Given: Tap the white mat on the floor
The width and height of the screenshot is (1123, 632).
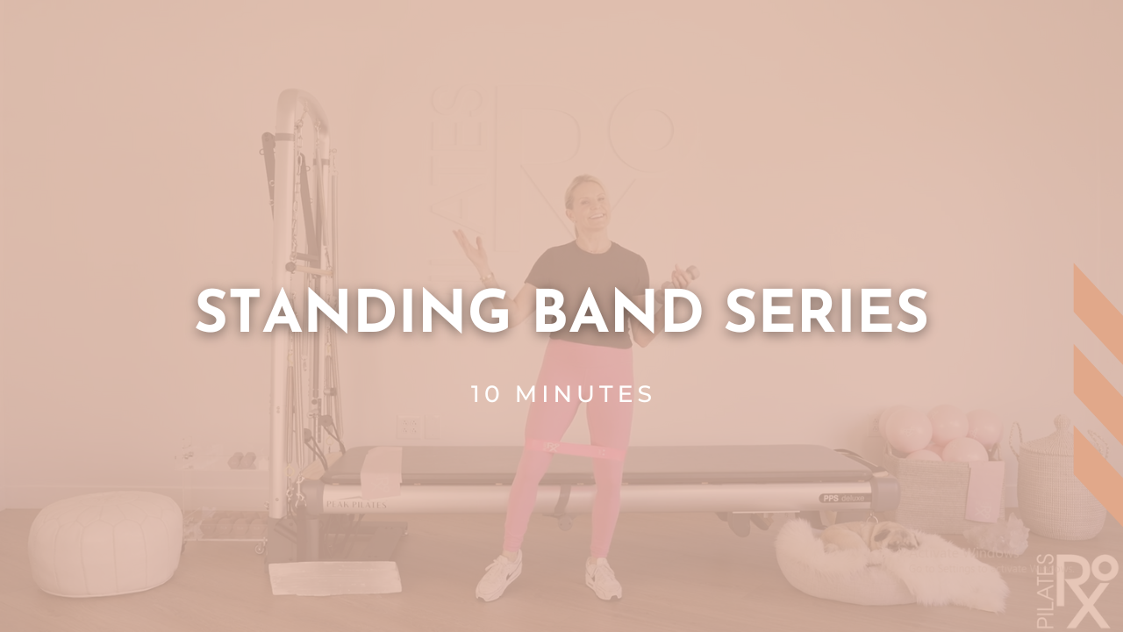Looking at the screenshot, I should pyautogui.click(x=333, y=578).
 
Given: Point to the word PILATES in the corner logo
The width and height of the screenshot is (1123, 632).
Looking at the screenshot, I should pyautogui.click(x=1047, y=592).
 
